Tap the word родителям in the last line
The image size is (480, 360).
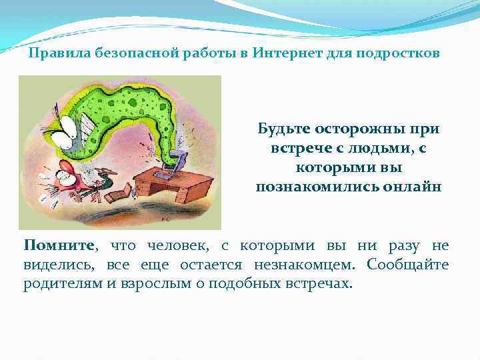[60, 283]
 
